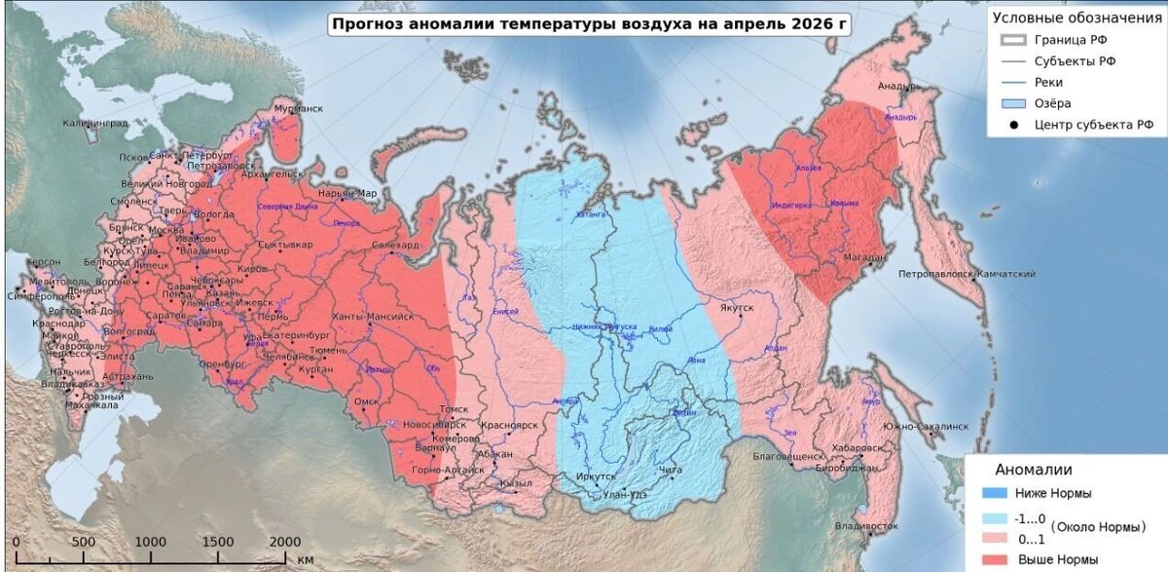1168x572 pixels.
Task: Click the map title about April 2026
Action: (589, 24)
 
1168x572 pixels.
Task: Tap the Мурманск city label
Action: (298, 109)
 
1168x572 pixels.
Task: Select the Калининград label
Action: (95, 124)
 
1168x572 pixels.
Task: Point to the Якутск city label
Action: (738, 308)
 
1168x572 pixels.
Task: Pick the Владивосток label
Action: (866, 526)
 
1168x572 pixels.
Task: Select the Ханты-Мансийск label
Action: (373, 318)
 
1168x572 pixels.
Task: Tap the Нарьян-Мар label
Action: (347, 193)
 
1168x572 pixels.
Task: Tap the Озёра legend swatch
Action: (1014, 103)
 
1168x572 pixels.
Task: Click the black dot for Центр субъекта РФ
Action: (1014, 125)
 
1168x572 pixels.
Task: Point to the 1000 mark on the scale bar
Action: (151, 543)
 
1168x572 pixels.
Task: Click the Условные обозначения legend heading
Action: (1074, 18)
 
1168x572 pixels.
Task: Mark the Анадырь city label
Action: (898, 86)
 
